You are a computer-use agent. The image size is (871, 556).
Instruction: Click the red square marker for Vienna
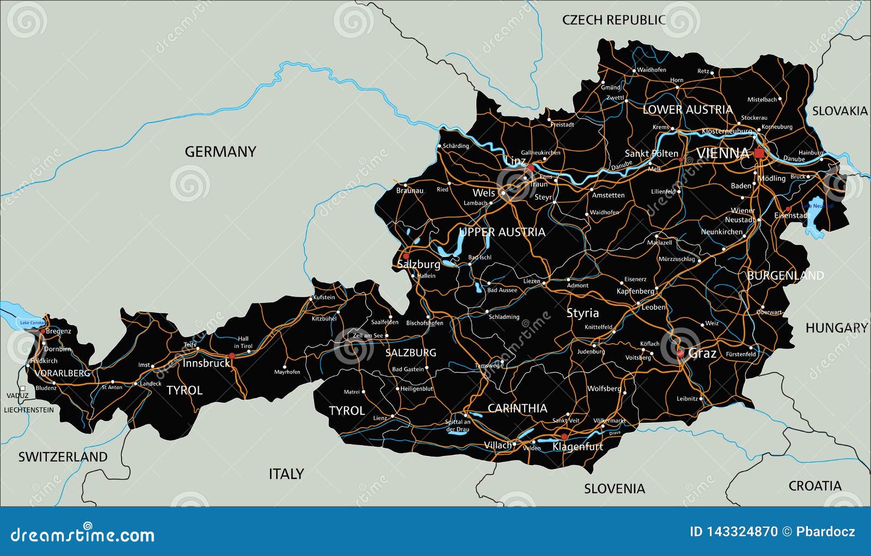759,153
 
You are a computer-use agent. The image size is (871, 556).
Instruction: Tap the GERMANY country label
220,152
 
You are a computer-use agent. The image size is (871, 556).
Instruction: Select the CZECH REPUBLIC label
614,20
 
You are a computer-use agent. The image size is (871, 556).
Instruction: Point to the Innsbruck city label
206,363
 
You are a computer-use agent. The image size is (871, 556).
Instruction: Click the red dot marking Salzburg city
406,256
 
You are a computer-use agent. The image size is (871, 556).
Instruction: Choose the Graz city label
702,354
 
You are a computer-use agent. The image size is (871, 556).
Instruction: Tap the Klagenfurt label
578,447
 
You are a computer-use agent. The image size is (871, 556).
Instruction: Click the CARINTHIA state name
517,408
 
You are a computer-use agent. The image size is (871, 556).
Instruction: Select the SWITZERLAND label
63,457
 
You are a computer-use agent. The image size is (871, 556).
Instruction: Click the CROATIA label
814,486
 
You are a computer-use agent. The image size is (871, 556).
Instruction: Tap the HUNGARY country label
836,328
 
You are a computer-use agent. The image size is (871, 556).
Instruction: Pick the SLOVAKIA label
839,111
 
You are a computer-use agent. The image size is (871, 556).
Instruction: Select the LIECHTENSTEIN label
29,410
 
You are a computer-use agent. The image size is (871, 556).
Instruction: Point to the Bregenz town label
58,331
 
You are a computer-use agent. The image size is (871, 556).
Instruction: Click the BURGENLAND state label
785,275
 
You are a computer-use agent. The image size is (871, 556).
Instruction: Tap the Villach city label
498,445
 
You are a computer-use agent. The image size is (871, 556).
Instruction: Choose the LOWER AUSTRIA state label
688,110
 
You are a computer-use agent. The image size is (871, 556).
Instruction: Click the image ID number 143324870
733,532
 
